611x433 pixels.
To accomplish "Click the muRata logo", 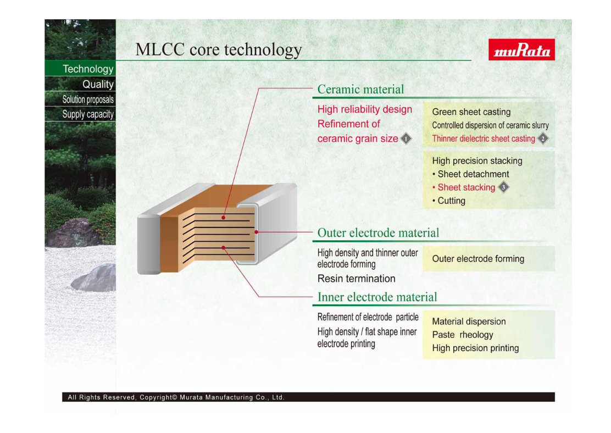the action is coord(521,49).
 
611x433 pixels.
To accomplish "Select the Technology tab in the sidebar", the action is coord(88,69).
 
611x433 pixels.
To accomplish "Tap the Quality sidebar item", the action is coord(98,84).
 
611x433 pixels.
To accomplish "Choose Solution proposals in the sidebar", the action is coord(88,99).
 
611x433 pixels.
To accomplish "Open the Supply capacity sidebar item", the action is coord(88,114).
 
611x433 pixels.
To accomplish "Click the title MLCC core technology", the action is coord(219,50).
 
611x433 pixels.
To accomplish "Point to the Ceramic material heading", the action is coord(360,89).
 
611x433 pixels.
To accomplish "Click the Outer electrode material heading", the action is coord(378,232).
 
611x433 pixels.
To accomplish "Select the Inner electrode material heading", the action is coord(377,297).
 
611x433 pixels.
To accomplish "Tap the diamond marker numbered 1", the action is coord(406,139).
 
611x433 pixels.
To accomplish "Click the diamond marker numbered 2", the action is coord(543,138).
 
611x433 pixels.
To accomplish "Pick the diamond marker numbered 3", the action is coord(503,187).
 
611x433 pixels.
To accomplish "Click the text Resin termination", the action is coord(356,279).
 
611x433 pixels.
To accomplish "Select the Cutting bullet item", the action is coord(449,201).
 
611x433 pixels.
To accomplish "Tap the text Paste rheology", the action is coord(463,335).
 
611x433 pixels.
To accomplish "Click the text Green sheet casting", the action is coord(471,112).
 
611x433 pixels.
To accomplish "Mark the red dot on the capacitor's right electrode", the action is coord(257,232).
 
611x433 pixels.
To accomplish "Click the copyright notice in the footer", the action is coord(176,397).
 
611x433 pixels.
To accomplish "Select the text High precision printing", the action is coord(475,348).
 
